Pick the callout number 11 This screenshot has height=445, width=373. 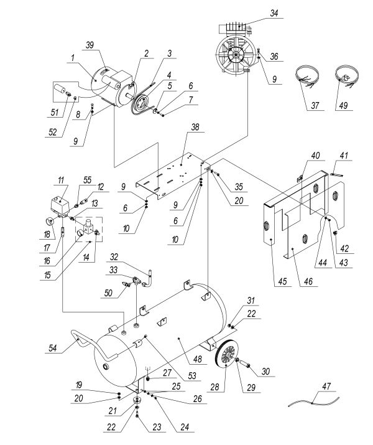[61, 180]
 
